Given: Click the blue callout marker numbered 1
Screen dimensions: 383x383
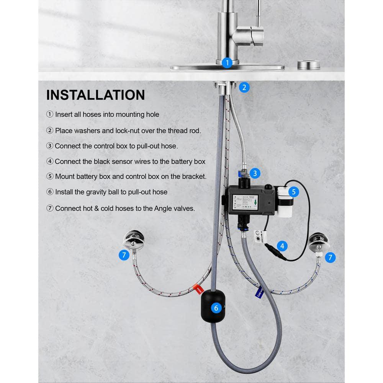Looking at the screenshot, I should [x=227, y=62].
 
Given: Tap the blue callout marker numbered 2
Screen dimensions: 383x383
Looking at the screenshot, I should [x=244, y=87].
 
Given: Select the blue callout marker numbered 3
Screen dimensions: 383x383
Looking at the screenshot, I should [x=254, y=173].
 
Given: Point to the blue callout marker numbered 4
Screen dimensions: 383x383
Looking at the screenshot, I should [x=282, y=246].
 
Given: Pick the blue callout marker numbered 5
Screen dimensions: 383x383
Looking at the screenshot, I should [x=293, y=191].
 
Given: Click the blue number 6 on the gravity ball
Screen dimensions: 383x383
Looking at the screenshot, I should [x=216, y=308].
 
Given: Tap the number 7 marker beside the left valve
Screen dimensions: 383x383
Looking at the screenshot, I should [x=124, y=255].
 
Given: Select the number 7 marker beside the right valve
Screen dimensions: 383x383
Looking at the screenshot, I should [x=330, y=257].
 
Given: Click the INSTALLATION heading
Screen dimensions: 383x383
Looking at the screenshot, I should [x=95, y=95].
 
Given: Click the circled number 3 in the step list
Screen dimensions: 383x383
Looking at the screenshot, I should [x=50, y=146].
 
